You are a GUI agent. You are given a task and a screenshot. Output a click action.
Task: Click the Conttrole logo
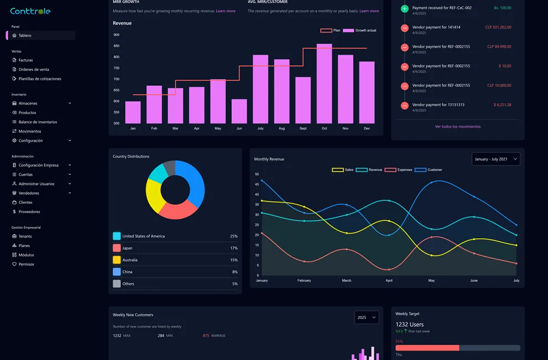click(30, 11)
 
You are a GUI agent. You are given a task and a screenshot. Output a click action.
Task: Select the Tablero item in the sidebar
click(25, 35)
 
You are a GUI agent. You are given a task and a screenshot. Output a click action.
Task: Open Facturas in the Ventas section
click(25, 60)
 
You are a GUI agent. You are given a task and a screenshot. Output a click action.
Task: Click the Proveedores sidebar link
click(29, 212)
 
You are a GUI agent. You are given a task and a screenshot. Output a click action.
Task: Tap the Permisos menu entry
click(26, 264)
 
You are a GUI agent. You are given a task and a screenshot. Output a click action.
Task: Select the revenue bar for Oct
click(324, 83)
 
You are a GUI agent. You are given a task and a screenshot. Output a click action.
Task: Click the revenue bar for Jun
click(239, 111)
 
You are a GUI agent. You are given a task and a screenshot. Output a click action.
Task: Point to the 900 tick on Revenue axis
click(116, 35)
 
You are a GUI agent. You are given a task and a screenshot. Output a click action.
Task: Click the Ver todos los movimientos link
click(458, 126)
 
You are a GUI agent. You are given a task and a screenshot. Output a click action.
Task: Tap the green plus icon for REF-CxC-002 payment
click(405, 8)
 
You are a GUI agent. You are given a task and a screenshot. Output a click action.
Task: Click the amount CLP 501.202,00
click(498, 27)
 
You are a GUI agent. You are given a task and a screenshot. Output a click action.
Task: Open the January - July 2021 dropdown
click(495, 159)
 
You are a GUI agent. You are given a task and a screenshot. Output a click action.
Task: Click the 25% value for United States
click(234, 236)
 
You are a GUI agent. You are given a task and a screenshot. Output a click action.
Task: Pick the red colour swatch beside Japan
click(117, 248)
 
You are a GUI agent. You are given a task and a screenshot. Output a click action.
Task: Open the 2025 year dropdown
click(366, 317)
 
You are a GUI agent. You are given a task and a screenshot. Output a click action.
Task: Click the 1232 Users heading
click(410, 325)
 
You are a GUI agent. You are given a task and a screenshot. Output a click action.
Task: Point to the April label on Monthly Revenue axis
click(389, 281)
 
